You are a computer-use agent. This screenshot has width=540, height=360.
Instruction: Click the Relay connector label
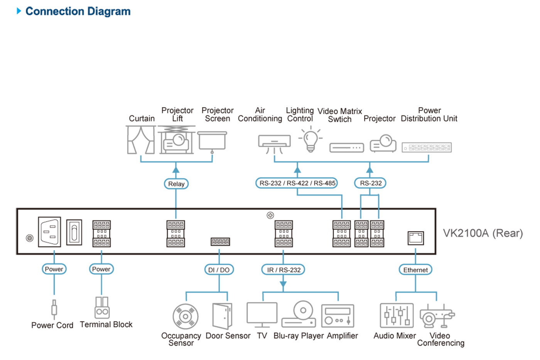[x=176, y=184]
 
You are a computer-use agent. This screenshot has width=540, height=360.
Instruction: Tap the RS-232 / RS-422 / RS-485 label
[x=297, y=183]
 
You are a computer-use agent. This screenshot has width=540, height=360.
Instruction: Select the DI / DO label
[x=219, y=270]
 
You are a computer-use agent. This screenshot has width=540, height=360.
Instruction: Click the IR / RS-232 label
[x=283, y=270]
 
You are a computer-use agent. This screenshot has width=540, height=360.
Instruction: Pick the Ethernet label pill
[x=415, y=270]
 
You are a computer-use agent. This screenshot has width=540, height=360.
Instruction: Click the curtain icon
[x=141, y=140]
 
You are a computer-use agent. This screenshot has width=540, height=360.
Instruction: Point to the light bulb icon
[x=310, y=140]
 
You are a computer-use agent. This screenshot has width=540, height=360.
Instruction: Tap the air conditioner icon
[x=274, y=143]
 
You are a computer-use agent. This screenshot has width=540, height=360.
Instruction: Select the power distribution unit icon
[x=427, y=147]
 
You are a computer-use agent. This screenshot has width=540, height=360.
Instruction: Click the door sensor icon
[x=223, y=316]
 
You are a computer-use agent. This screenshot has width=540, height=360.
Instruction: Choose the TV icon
[x=262, y=315]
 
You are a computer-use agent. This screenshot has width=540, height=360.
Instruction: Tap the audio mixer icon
[x=397, y=316]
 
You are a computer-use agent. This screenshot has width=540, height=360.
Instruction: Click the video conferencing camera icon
[x=436, y=316]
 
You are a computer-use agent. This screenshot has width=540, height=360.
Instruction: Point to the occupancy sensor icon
[x=186, y=316]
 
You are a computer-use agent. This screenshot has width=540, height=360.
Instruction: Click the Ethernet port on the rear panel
[x=415, y=238]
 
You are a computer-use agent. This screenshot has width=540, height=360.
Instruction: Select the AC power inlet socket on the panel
[x=49, y=232]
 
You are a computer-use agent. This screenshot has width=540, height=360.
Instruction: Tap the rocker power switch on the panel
[x=74, y=232]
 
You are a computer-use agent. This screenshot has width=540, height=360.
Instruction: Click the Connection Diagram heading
[x=78, y=11]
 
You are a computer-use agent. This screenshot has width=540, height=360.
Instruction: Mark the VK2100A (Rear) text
[x=483, y=233]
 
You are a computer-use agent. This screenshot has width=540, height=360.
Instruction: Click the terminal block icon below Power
[x=102, y=308]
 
